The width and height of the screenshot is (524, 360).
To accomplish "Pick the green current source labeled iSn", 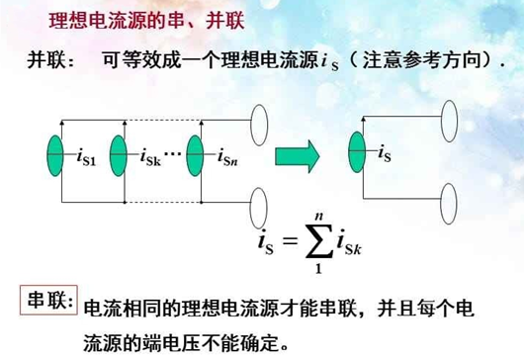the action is tap(198, 154).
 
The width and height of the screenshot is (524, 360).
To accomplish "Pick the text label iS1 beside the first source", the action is tap(87, 155).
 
